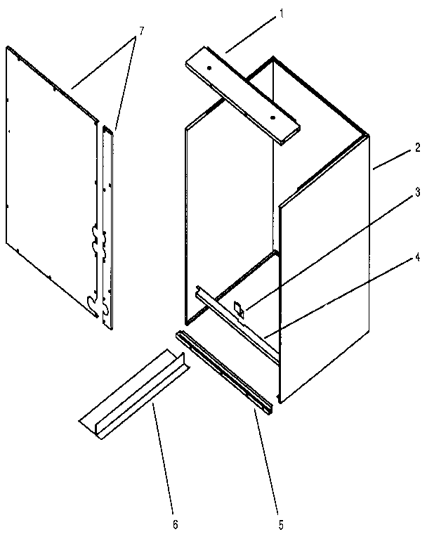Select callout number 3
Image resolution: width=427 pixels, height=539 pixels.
418,191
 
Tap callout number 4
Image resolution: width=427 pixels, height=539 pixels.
418,258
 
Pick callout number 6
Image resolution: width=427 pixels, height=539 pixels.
176,523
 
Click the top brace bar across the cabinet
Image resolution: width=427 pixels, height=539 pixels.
242,95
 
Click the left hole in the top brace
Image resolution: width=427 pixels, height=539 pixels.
209,68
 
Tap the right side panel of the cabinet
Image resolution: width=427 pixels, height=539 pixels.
323,281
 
